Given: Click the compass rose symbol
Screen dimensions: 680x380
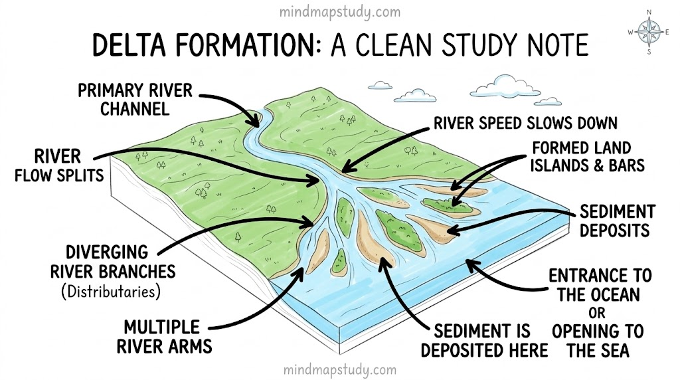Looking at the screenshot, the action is pos(649,32).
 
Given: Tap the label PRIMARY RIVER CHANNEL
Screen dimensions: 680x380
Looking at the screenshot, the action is pos(135,100).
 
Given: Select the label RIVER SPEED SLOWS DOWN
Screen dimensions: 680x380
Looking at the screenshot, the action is pos(526,123).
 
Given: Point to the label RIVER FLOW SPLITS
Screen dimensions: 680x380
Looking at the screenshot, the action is pos(59,165).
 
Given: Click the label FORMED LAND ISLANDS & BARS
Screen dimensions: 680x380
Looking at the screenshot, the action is pos(587,157).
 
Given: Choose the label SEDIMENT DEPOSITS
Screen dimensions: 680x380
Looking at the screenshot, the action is pos(617,221).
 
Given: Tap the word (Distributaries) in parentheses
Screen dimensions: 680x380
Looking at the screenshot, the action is pos(111,292).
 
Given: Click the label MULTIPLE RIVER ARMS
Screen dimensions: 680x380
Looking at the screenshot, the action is pos(164,337).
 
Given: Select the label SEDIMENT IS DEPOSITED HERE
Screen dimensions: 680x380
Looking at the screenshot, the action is pos(484,341).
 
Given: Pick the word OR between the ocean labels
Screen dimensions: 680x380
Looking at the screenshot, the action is pos(597,313).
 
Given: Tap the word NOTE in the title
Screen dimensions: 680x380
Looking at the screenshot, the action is pos(557,45).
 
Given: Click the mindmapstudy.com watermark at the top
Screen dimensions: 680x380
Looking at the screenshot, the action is pos(340,12).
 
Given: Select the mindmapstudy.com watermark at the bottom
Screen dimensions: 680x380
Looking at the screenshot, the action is pos(340,370).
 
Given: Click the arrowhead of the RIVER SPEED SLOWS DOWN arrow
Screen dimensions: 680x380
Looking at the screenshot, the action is pos(348,167).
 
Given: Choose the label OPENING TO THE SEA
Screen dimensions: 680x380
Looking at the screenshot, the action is pos(598,341).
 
